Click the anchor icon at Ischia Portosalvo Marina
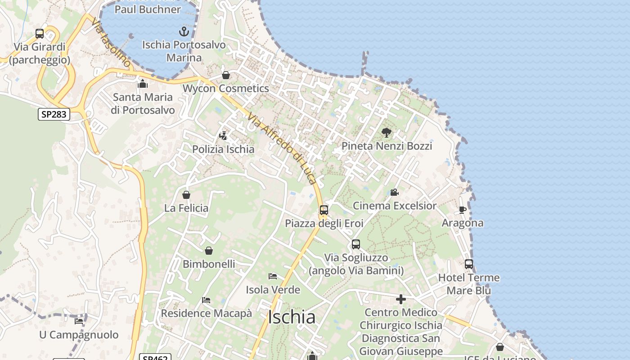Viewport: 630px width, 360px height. (184, 31)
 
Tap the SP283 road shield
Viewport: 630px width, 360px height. (54, 114)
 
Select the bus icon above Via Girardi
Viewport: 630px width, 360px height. (40, 34)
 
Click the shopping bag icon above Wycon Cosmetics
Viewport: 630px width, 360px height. (226, 75)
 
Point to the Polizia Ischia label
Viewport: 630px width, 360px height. (223, 149)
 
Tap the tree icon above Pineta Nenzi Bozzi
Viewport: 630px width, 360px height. (386, 132)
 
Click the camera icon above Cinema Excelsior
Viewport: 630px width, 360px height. (394, 193)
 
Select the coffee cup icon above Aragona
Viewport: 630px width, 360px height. (462, 210)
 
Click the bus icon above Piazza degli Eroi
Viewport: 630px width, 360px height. (324, 210)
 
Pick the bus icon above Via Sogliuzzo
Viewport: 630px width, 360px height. (356, 244)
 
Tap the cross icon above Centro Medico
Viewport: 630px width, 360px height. (401, 299)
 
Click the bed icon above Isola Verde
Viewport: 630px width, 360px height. (273, 276)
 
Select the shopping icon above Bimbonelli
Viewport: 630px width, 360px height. (209, 251)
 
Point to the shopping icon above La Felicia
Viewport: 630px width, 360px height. (186, 195)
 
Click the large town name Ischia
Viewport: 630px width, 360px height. (292, 317)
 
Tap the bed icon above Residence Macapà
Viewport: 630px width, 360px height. (206, 300)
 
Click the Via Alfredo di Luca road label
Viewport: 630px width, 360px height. (282, 148)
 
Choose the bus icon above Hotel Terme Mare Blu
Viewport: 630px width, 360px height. (469, 264)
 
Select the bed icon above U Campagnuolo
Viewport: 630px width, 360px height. (79, 321)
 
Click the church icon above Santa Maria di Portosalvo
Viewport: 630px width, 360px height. (143, 84)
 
